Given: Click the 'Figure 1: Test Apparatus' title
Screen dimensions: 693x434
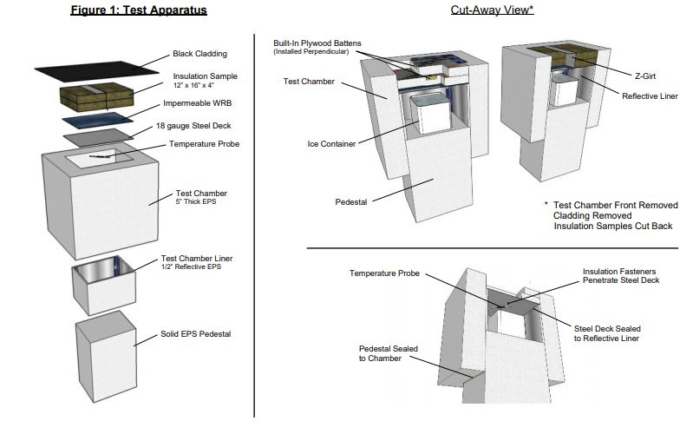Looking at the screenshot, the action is point(139,10).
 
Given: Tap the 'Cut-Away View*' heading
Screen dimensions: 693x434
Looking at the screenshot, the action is point(492,10).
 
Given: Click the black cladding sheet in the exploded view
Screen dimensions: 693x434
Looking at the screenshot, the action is point(97,71).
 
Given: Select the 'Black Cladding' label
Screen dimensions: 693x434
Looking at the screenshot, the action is point(199,54).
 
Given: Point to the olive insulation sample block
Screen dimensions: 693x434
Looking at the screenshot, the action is point(97,96).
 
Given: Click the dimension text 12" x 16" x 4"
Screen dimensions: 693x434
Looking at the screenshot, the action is point(193,85).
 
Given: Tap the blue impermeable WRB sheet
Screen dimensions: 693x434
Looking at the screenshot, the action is point(97,121).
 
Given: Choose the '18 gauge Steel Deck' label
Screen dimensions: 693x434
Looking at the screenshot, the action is point(193,126).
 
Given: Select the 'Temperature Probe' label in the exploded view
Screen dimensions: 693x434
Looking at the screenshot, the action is point(204,144).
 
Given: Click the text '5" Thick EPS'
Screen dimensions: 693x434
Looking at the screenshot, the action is point(196,201).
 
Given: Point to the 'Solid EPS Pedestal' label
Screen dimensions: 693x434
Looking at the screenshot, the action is point(196,334).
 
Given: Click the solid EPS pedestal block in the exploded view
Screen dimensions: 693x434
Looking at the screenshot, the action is point(106,357).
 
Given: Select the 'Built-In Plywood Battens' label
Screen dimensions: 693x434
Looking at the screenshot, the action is point(317,43).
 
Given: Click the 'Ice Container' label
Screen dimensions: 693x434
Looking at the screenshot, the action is point(331,144).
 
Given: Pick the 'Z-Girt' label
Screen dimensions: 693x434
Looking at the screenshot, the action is point(645,76).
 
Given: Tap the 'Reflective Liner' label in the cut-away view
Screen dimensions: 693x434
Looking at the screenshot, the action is point(650,96).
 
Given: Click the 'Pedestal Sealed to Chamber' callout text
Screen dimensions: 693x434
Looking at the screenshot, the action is point(388,353).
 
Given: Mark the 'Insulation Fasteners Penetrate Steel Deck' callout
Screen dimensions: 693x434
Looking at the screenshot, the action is point(621,276).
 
